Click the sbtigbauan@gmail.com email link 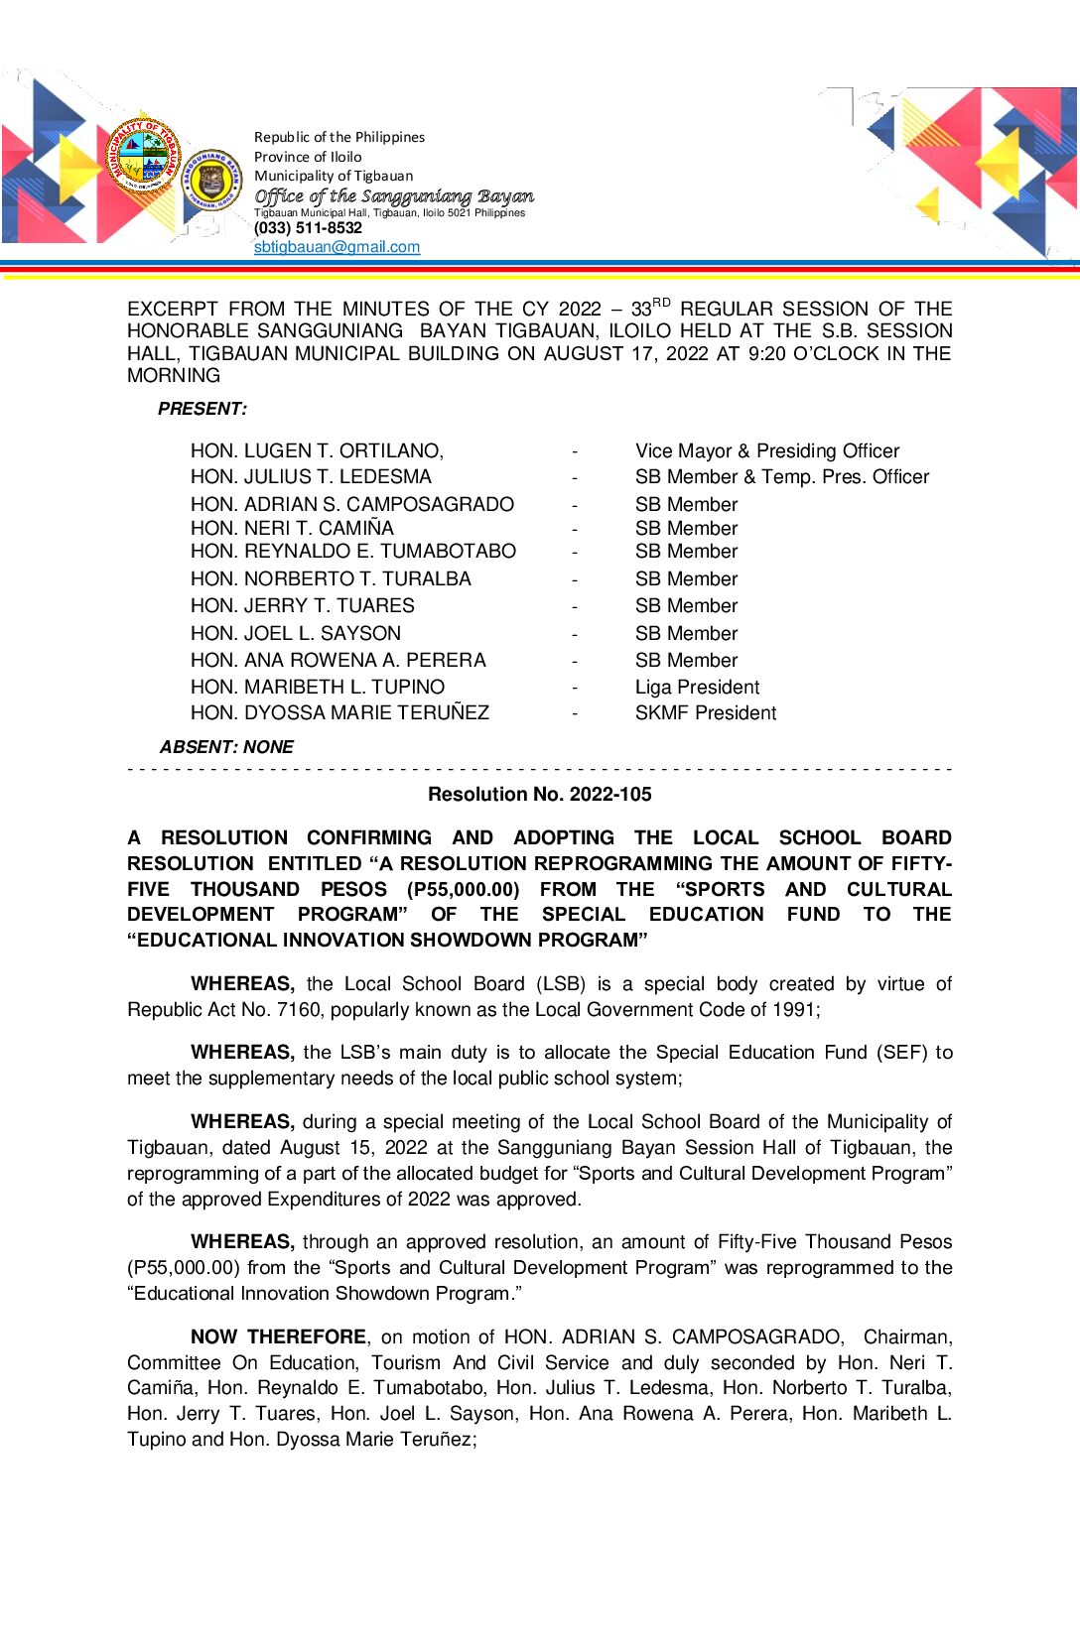[x=337, y=247]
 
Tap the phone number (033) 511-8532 [x=308, y=228]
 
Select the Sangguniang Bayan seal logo [x=211, y=179]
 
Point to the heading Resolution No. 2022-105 [x=539, y=794]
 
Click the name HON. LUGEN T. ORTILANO [x=317, y=451]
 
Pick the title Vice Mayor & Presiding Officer [x=766, y=451]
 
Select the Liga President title [x=697, y=687]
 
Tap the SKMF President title [x=705, y=712]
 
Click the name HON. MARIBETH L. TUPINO [x=317, y=687]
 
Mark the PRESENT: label [x=202, y=409]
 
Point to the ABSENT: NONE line [x=226, y=747]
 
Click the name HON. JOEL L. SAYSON [x=296, y=633]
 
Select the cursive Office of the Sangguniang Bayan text [x=393, y=196]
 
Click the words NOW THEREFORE [x=278, y=1336]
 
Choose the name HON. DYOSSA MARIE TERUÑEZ [x=339, y=712]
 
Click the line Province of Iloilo [x=308, y=157]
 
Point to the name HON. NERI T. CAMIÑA [x=292, y=528]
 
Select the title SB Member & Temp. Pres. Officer [x=781, y=477]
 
